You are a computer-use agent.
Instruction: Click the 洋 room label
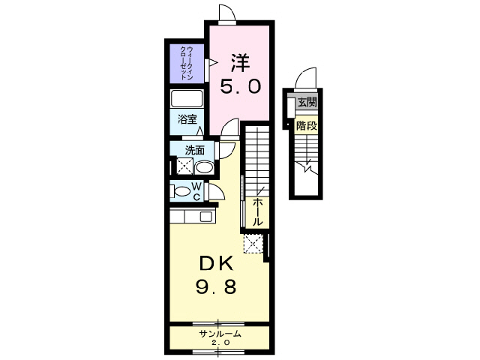(240, 63)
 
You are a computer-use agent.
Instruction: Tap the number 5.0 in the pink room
(241, 86)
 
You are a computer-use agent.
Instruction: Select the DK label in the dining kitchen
(216, 263)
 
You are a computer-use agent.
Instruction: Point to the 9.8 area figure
(216, 287)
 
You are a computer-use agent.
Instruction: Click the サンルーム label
(220, 334)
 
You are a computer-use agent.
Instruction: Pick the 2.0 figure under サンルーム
(220, 343)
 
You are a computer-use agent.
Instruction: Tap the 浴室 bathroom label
(187, 119)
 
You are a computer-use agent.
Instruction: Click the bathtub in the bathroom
(187, 98)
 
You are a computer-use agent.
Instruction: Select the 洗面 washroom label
(195, 150)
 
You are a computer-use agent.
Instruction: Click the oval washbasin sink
(205, 167)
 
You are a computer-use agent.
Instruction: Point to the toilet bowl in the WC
(181, 192)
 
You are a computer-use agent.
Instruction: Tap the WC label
(196, 191)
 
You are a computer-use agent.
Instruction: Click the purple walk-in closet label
(186, 63)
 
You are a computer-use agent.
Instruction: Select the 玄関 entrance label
(307, 102)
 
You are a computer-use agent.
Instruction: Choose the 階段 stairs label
(307, 125)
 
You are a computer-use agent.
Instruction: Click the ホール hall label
(258, 212)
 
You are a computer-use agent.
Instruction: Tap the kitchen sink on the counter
(205, 217)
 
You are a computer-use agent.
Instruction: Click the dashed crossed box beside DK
(253, 244)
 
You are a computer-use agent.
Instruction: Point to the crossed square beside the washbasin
(184, 166)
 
